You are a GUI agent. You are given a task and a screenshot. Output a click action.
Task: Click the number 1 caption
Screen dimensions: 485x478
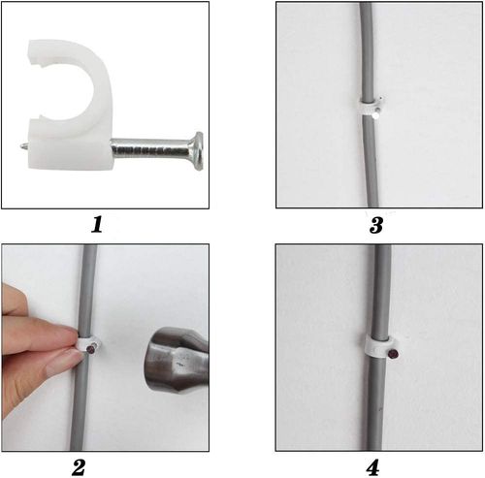tap(97, 224)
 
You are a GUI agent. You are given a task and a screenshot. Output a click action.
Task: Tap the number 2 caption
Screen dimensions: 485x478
tap(79, 467)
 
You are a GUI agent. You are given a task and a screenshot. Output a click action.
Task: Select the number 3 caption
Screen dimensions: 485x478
tap(376, 225)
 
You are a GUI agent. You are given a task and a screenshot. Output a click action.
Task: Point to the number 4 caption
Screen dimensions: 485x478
tap(372, 467)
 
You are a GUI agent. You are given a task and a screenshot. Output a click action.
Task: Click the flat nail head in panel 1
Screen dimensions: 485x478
tap(197, 151)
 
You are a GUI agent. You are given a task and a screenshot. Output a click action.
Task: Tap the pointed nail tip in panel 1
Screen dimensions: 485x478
tap(23, 146)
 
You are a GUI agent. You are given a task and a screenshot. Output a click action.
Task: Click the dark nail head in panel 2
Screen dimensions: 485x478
tap(91, 349)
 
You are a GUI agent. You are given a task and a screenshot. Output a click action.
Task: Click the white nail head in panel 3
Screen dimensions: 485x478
tap(375, 115)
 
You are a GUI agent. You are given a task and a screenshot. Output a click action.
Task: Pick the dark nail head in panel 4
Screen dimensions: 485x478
tap(393, 354)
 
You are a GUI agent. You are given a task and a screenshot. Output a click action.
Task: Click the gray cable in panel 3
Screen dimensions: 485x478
tap(369, 155)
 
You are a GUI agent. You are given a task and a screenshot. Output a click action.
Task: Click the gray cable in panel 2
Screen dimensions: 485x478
tap(82, 404)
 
